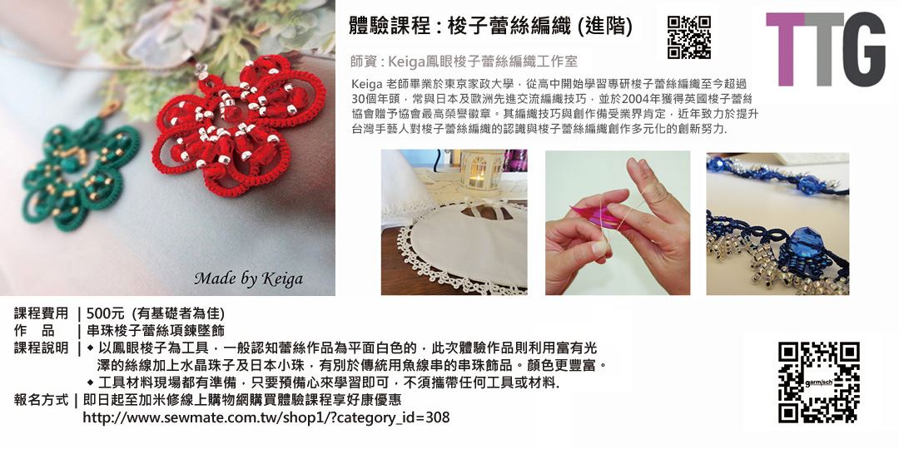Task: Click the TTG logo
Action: pyautogui.click(x=825, y=49)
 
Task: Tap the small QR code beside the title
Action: pyautogui.click(x=688, y=37)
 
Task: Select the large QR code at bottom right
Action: pyautogui.click(x=819, y=382)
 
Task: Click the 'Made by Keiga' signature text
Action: pyautogui.click(x=248, y=279)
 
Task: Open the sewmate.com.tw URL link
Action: pyautogui.click(x=266, y=417)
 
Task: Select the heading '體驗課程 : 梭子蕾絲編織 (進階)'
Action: pyautogui.click(x=491, y=26)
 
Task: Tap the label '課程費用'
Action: pyautogui.click(x=41, y=313)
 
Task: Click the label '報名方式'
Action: pyautogui.click(x=41, y=399)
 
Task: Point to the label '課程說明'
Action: pyautogui.click(x=41, y=348)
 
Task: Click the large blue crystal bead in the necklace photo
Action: pyautogui.click(x=805, y=244)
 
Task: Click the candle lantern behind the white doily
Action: pyautogui.click(x=477, y=170)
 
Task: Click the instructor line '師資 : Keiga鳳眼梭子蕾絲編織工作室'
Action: pyautogui.click(x=464, y=61)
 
